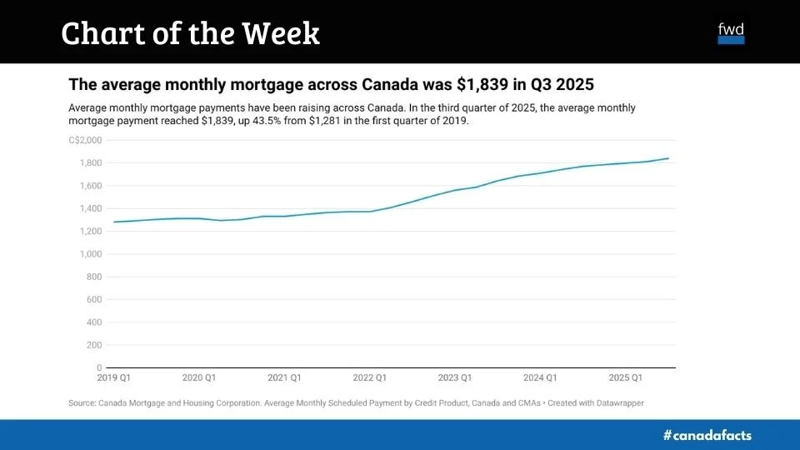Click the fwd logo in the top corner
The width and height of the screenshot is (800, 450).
[x=731, y=33]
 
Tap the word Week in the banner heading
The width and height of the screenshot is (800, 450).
[x=281, y=33]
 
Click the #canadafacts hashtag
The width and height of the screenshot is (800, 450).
[x=707, y=435]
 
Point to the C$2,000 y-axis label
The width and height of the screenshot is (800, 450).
[x=86, y=140]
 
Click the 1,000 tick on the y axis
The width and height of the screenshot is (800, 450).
[x=91, y=254]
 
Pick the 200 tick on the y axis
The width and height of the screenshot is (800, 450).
[x=94, y=345]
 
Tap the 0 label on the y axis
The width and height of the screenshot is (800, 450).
[x=98, y=367]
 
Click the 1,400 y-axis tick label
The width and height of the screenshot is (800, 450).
[x=91, y=208]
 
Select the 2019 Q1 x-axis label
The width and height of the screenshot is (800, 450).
[x=114, y=378]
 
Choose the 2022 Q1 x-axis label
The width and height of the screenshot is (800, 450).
[x=369, y=378]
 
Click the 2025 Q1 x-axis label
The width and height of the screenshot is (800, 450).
[x=625, y=378]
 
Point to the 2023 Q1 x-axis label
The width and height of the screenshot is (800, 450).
[x=455, y=378]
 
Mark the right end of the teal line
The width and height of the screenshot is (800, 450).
[x=668, y=158]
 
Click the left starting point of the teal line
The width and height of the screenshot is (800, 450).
[x=113, y=222]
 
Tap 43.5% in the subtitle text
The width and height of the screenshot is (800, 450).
[x=254, y=121]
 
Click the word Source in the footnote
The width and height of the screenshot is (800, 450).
[x=82, y=403]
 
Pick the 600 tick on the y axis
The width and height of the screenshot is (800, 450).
[x=94, y=299]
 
